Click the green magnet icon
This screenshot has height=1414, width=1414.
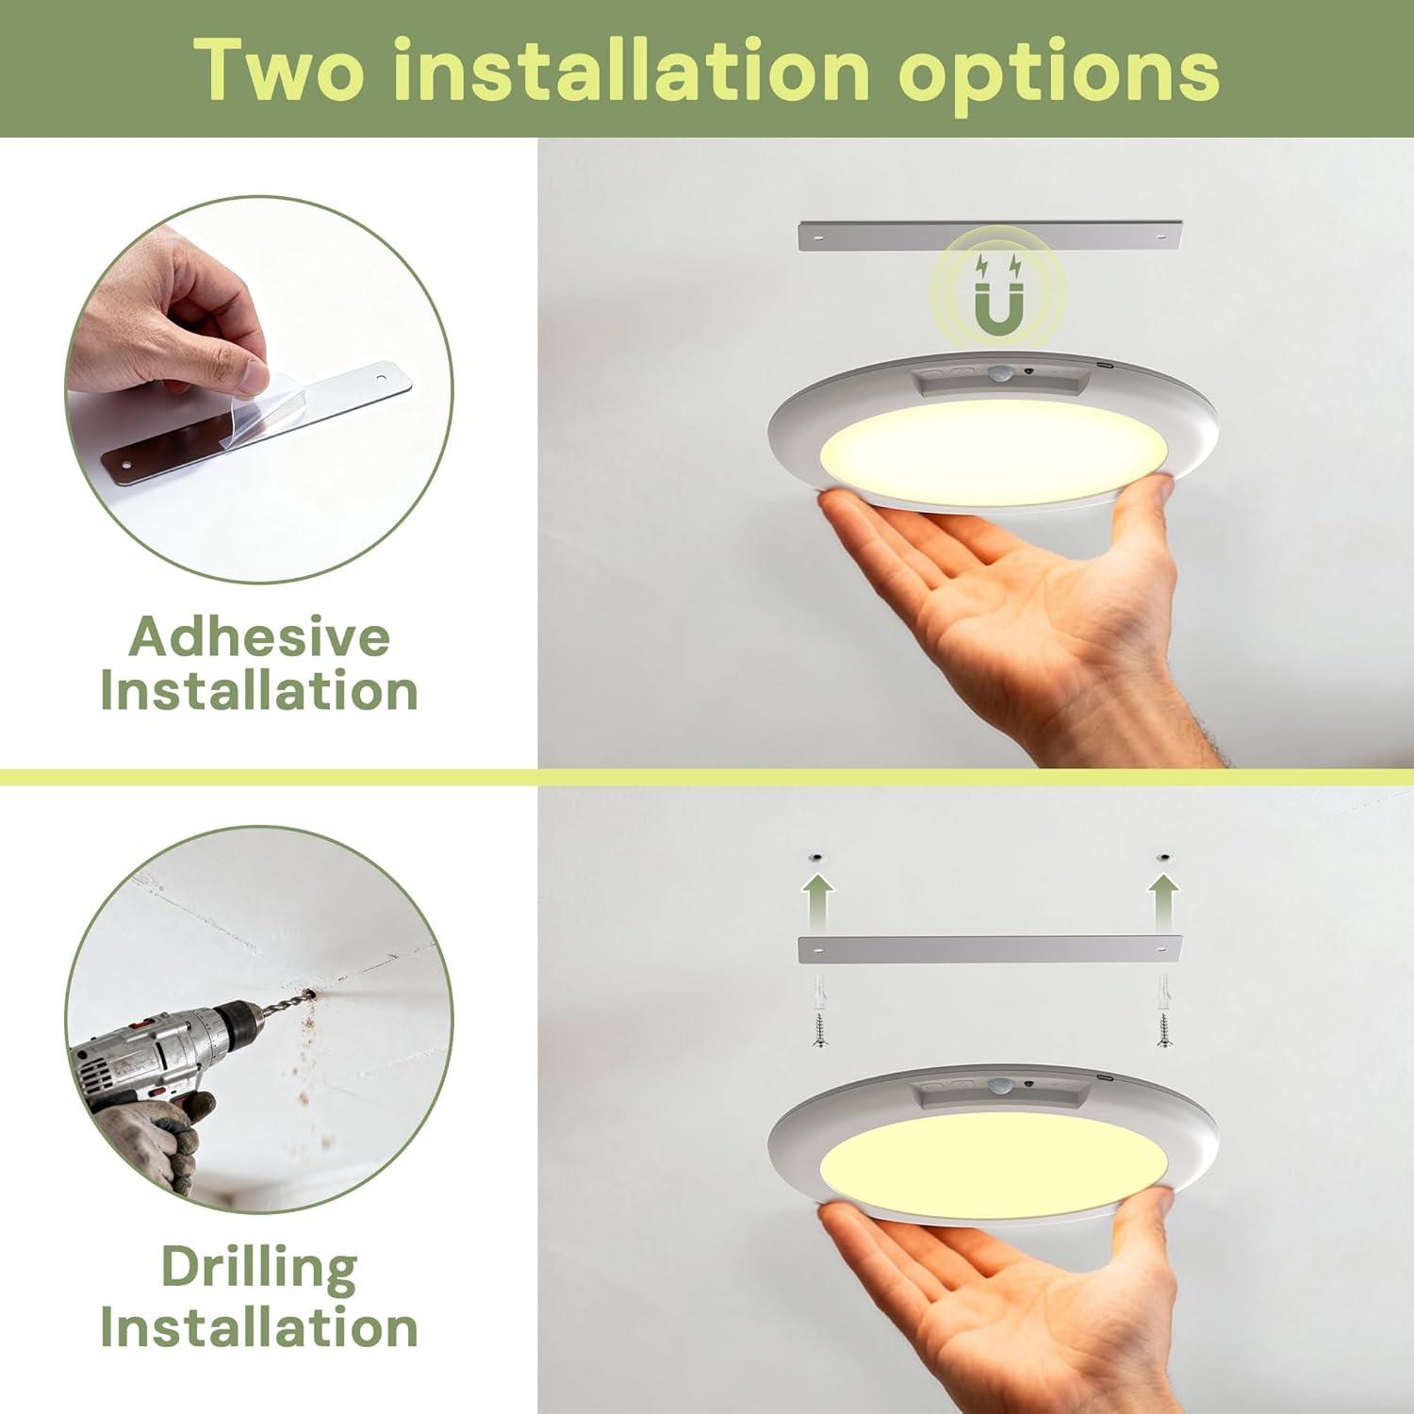(x=996, y=295)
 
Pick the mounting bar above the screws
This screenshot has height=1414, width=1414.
(x=990, y=949)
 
